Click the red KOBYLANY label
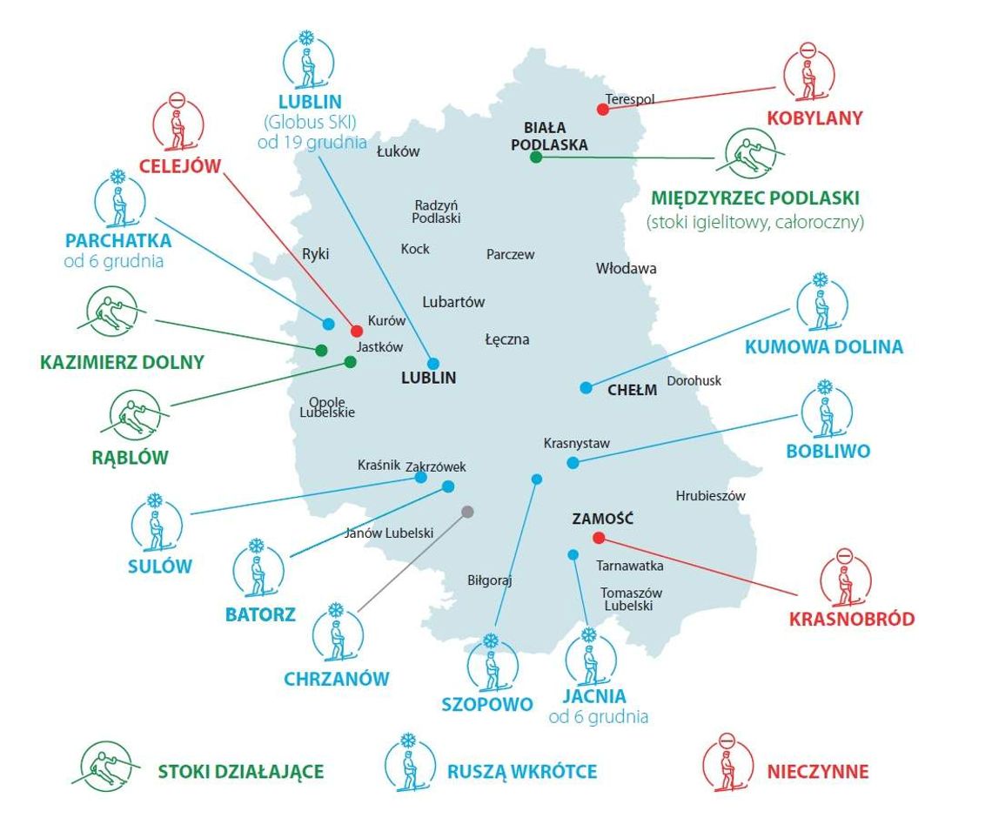point(814,117)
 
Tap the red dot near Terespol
point(602,109)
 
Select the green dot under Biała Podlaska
point(536,157)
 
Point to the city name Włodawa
point(626,268)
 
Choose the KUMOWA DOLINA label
point(823,346)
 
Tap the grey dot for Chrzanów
point(467,512)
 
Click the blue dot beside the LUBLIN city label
point(433,363)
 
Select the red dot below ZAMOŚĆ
point(599,537)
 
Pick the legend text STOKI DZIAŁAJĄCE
point(241,771)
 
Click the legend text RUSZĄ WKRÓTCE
point(522,771)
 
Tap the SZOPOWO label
point(487,704)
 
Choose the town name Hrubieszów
point(710,496)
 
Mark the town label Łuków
point(398,151)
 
